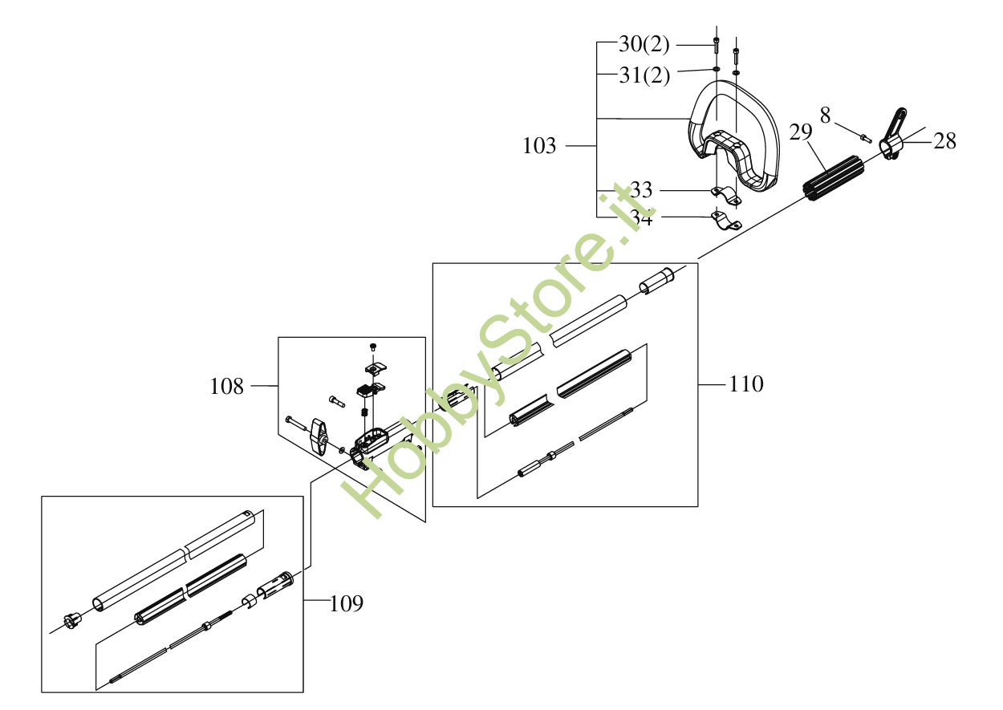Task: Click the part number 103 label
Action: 539,146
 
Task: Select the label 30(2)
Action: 644,44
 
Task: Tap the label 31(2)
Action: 644,75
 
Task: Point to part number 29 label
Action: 801,132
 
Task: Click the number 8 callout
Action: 825,116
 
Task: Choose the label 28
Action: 945,141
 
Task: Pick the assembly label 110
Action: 746,384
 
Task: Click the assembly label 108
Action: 226,387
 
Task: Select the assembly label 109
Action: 347,602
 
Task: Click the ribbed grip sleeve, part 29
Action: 832,181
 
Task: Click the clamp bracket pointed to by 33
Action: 725,194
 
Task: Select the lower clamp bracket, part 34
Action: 725,221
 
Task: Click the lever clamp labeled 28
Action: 892,136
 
